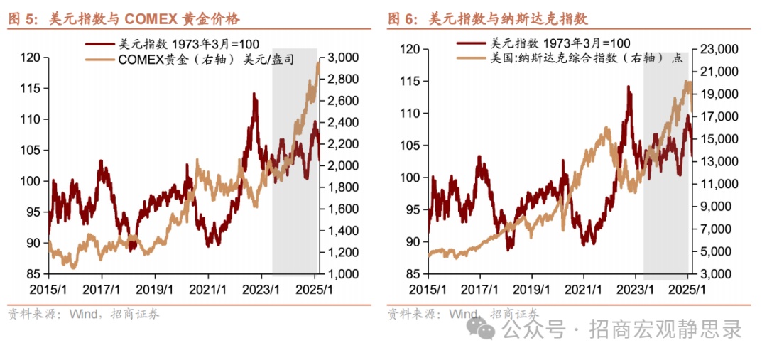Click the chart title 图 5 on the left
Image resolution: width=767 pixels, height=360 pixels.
[26, 20]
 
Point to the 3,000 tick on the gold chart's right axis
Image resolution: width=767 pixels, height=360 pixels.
[342, 58]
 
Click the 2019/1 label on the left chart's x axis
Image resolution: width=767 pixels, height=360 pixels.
[155, 290]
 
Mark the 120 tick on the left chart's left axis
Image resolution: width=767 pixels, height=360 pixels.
[33, 58]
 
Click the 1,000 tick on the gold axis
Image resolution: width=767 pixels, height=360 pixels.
[342, 274]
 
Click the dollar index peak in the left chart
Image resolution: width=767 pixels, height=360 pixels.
[254, 94]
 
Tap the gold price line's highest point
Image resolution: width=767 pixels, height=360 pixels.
[317, 62]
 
